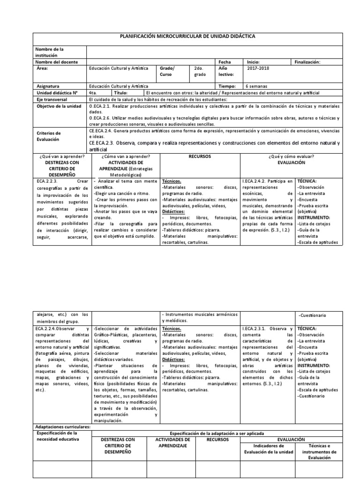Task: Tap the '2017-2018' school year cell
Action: [x=258, y=68]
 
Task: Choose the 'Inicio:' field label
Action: [x=253, y=62]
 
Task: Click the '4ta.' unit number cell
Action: [x=93, y=93]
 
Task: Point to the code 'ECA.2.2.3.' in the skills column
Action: [x=49, y=180]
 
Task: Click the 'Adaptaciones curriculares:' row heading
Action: [x=63, y=427]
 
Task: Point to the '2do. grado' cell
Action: [x=199, y=71]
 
